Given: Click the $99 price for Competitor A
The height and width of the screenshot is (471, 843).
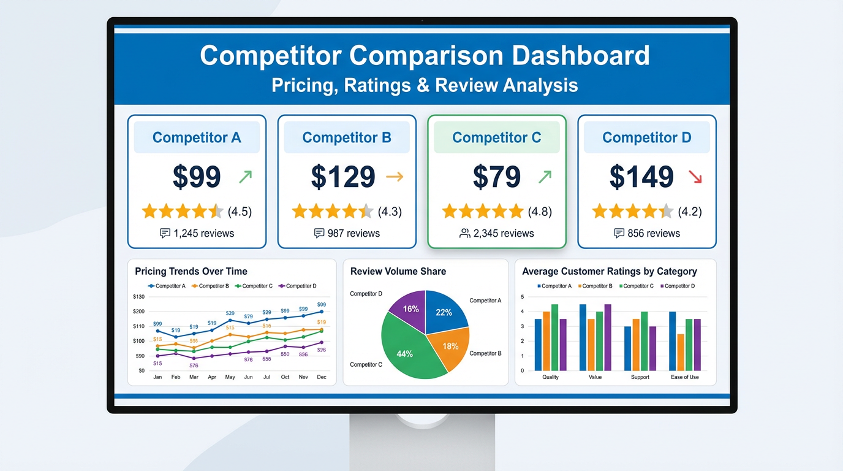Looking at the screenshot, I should [x=196, y=177].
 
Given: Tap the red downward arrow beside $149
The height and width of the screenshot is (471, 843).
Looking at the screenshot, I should [x=695, y=177].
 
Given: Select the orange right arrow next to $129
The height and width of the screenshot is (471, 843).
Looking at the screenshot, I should [x=395, y=177].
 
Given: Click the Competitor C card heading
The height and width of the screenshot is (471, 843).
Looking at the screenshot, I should [x=496, y=137].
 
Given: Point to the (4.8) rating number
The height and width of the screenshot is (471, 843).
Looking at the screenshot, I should [x=540, y=212].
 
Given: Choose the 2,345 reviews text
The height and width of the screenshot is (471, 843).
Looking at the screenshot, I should [x=504, y=233].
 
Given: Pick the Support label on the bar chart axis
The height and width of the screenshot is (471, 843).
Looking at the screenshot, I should [x=640, y=377].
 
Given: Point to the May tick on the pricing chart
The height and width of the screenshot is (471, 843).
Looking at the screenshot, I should [x=230, y=377].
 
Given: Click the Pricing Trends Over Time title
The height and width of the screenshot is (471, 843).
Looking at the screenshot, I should [x=191, y=271].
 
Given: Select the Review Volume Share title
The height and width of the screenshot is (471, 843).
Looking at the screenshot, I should [x=398, y=271].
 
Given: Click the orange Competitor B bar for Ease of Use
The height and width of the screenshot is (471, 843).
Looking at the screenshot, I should [x=681, y=352].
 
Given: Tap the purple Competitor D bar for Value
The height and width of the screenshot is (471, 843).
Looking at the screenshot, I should [x=607, y=337].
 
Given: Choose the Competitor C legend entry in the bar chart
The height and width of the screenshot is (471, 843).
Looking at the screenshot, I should [x=637, y=286].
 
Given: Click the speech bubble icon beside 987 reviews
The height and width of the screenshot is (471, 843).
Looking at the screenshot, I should [x=319, y=233].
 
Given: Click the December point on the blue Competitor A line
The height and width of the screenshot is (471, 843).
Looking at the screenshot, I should [x=322, y=312].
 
